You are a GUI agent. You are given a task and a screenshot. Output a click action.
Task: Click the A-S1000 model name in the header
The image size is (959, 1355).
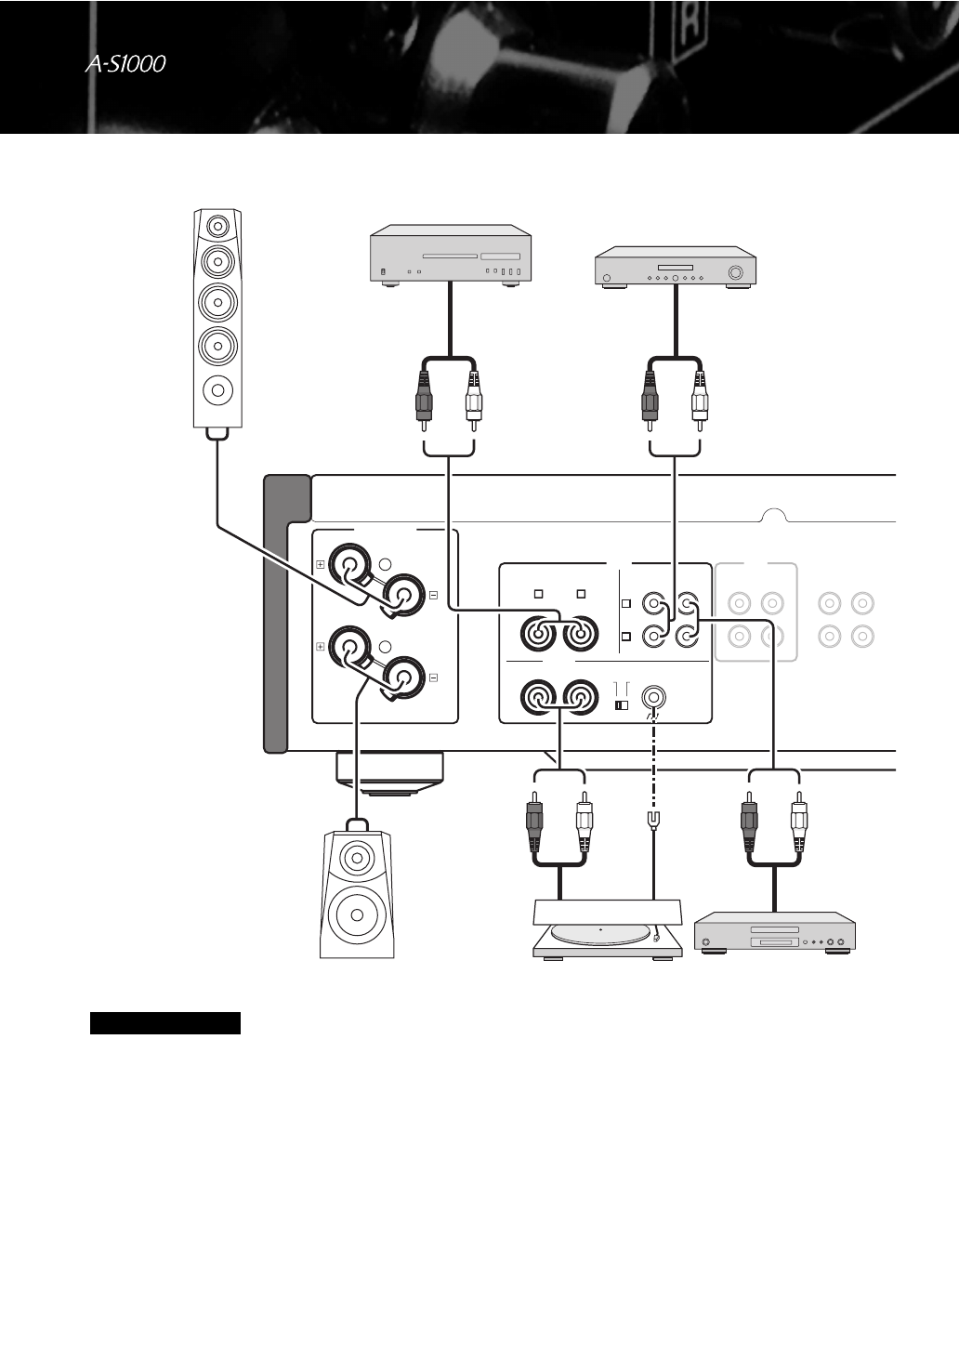tap(125, 64)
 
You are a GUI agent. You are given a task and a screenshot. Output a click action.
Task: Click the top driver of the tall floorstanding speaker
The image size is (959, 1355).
tap(217, 226)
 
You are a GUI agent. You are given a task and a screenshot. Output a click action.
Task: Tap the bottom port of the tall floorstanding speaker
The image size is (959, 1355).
tap(217, 389)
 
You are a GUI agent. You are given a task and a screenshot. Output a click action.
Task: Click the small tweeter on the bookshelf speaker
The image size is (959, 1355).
tap(357, 857)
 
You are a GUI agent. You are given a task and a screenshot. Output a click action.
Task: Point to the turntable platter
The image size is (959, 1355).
tap(601, 932)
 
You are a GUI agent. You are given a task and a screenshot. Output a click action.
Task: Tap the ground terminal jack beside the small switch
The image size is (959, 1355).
tap(656, 697)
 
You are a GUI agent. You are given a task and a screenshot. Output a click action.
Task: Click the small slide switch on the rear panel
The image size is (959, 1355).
tap(622, 705)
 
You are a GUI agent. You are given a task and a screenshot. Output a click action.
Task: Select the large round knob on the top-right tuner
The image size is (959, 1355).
tap(736, 273)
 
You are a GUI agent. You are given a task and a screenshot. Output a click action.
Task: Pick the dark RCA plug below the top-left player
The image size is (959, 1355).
tap(424, 395)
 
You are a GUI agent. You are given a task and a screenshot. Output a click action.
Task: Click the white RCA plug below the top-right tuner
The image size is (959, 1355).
tap(700, 395)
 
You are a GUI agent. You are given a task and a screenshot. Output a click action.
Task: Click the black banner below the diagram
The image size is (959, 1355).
tap(165, 1023)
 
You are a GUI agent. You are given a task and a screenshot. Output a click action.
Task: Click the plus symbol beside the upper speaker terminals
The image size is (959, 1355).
tap(321, 564)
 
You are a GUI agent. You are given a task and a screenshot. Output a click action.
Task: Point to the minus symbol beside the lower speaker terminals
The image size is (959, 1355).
tap(433, 677)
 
